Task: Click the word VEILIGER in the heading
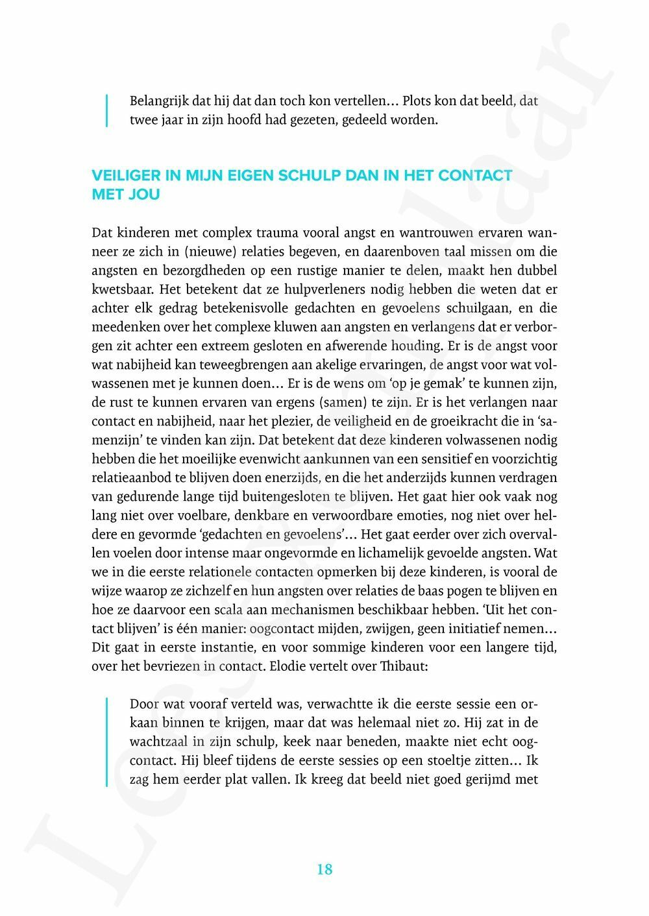click(x=124, y=175)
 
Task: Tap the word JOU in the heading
click(x=144, y=195)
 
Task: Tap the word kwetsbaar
click(x=123, y=289)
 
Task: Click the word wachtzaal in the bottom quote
click(x=158, y=741)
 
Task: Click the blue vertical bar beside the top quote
click(x=106, y=111)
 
